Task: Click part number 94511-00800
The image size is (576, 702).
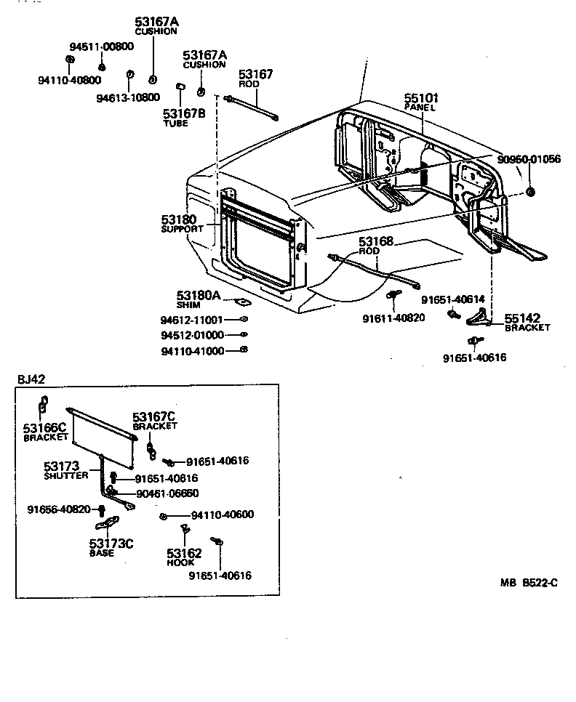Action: click(103, 46)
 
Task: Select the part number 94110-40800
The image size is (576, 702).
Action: click(70, 80)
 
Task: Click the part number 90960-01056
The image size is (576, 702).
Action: click(529, 159)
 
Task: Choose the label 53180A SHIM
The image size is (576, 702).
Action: click(198, 299)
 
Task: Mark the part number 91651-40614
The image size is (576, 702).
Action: click(453, 299)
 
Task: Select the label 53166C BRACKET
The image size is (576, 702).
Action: click(45, 432)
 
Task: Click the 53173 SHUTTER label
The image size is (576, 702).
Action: click(65, 470)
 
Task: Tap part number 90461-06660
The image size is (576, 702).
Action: click(168, 493)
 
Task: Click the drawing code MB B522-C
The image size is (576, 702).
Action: click(529, 582)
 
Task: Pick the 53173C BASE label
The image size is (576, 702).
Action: click(111, 547)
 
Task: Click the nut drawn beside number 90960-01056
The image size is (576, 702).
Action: click(529, 192)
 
